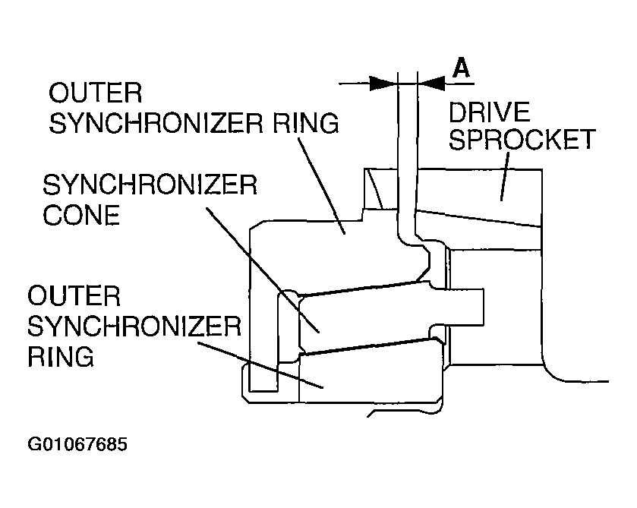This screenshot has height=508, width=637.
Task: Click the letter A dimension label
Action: click(x=461, y=68)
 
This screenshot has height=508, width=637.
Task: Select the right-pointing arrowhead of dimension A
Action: click(x=383, y=84)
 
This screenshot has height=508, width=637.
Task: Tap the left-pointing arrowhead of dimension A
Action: click(x=431, y=84)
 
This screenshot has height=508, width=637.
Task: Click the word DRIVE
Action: click(x=490, y=112)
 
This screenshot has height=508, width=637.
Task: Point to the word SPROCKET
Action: click(x=522, y=140)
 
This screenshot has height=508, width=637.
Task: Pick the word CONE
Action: click(x=81, y=215)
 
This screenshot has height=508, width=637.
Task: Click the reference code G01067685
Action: click(x=77, y=444)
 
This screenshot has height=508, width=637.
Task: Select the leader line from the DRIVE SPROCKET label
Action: click(x=505, y=176)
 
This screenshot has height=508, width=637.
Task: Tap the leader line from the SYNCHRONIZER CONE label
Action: click(x=263, y=270)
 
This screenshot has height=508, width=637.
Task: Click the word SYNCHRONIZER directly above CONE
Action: click(x=150, y=185)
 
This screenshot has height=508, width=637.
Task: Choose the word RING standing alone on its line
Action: click(x=61, y=356)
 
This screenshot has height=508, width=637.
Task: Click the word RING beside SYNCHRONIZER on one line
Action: click(x=305, y=123)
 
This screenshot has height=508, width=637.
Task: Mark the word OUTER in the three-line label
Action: click(x=74, y=296)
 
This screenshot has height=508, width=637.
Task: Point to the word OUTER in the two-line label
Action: click(x=96, y=93)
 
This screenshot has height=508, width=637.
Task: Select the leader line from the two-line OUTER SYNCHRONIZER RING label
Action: click(x=322, y=186)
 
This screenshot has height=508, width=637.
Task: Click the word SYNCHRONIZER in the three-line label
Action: click(x=134, y=327)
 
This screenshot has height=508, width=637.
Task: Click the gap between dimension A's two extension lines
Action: click(x=408, y=84)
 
